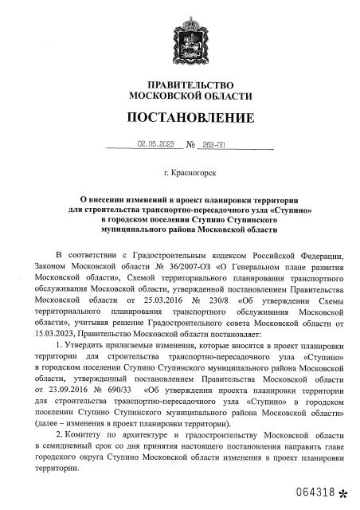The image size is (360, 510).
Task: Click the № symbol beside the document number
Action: [192, 146]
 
